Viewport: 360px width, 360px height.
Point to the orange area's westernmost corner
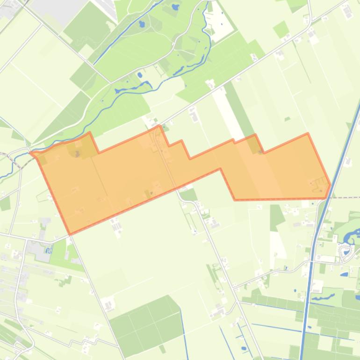pyautogui.click(x=31, y=152)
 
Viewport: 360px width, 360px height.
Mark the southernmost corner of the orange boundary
pyautogui.click(x=70, y=234)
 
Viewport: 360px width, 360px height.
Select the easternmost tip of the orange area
pyautogui.click(x=331, y=185)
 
